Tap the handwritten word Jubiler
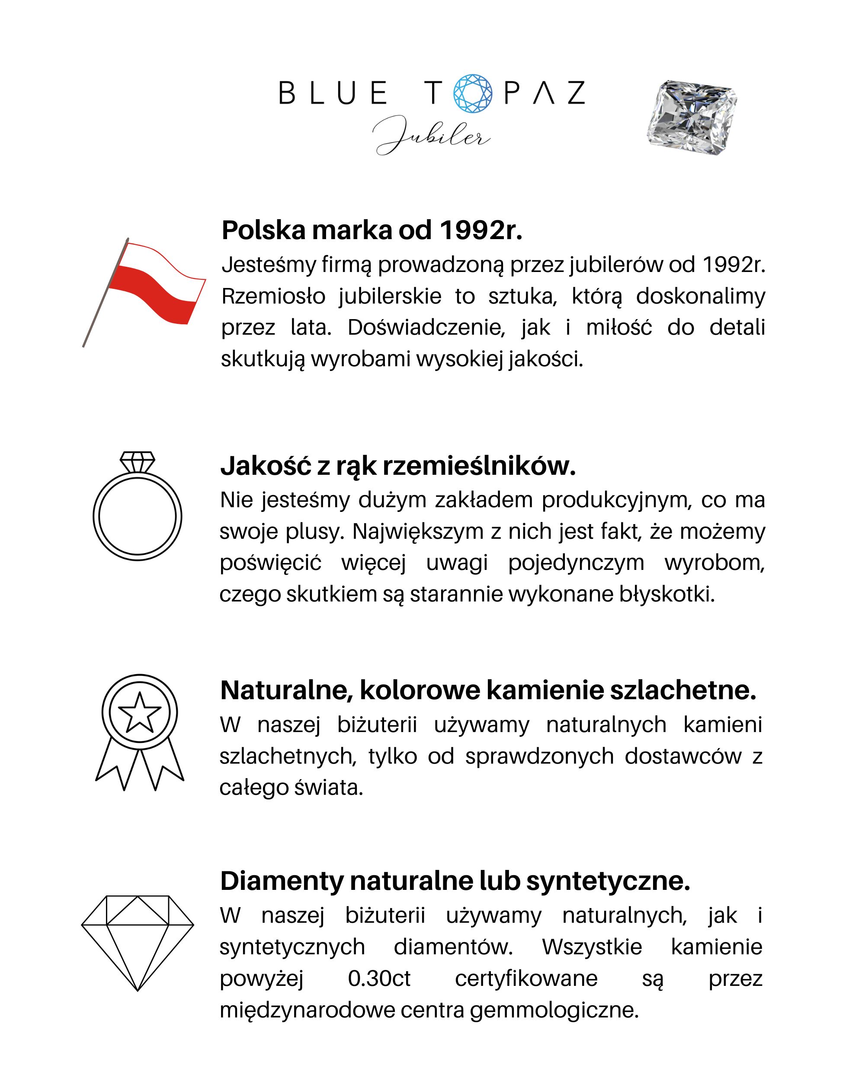tap(431, 134)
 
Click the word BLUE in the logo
tap(333, 93)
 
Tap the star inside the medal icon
tap(139, 712)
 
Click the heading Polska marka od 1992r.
tap(372, 230)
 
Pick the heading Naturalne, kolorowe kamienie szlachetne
tap(488, 690)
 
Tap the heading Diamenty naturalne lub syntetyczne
tap(455, 881)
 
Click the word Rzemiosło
tap(273, 296)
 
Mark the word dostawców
tap(683, 756)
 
